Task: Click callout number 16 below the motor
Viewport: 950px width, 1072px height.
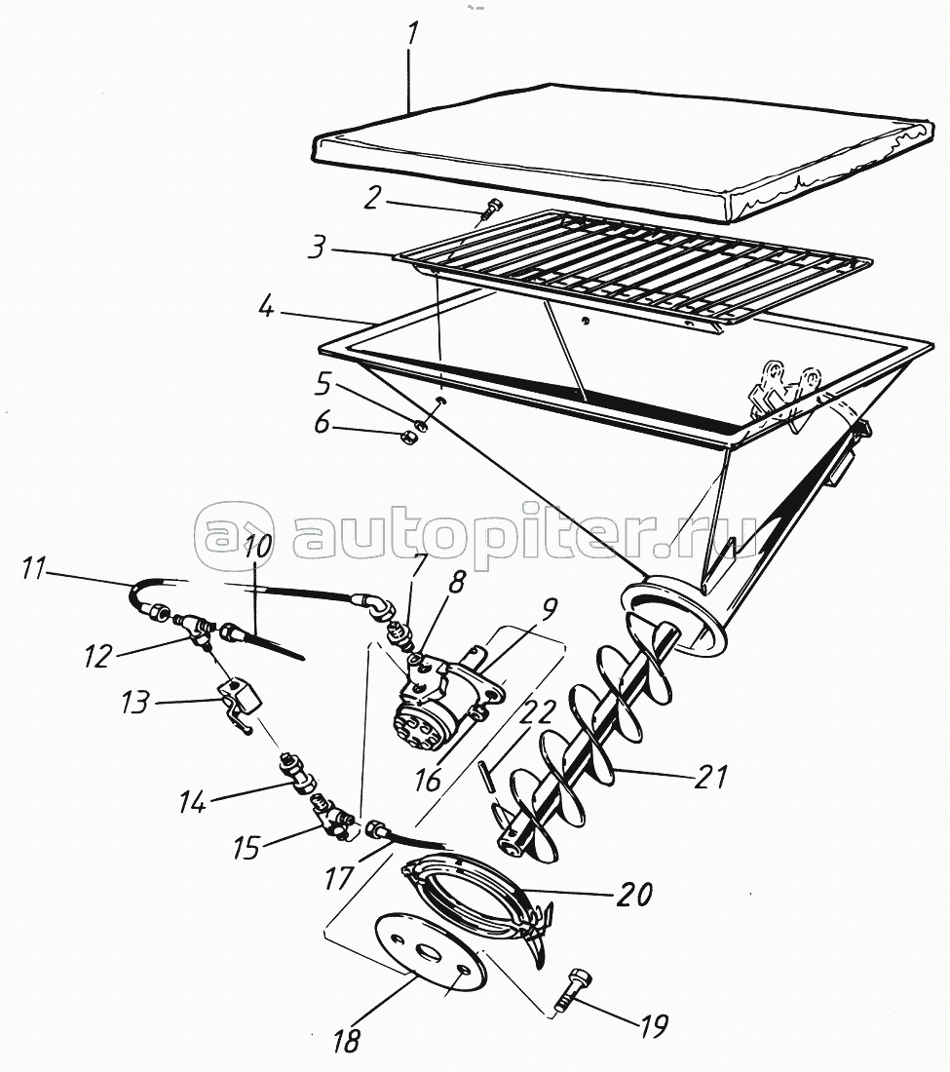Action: [427, 780]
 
